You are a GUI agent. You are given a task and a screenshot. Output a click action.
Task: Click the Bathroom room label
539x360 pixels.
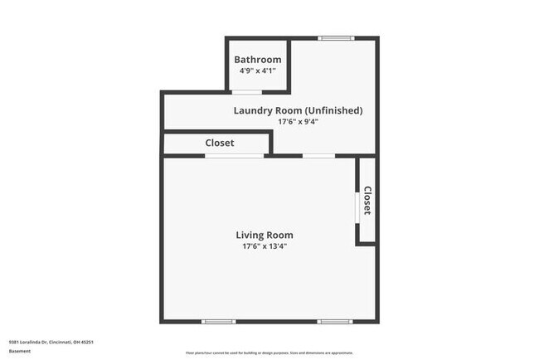pyautogui.click(x=257, y=60)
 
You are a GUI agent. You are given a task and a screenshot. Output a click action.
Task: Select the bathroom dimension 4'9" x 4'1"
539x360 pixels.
pyautogui.click(x=257, y=71)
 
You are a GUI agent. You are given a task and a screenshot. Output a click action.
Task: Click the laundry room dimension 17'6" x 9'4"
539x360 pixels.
pyautogui.click(x=298, y=122)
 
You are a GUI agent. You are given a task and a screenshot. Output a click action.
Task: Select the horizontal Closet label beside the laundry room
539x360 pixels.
pyautogui.click(x=220, y=143)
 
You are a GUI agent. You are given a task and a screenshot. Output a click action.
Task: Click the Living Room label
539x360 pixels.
pyautogui.click(x=267, y=235)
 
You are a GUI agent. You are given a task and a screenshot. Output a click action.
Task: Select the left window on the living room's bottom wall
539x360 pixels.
pyautogui.click(x=219, y=321)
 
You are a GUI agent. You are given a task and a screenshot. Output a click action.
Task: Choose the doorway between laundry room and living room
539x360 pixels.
pyautogui.click(x=318, y=156)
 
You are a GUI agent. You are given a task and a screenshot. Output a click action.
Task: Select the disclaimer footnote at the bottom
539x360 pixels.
pyautogui.click(x=269, y=353)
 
